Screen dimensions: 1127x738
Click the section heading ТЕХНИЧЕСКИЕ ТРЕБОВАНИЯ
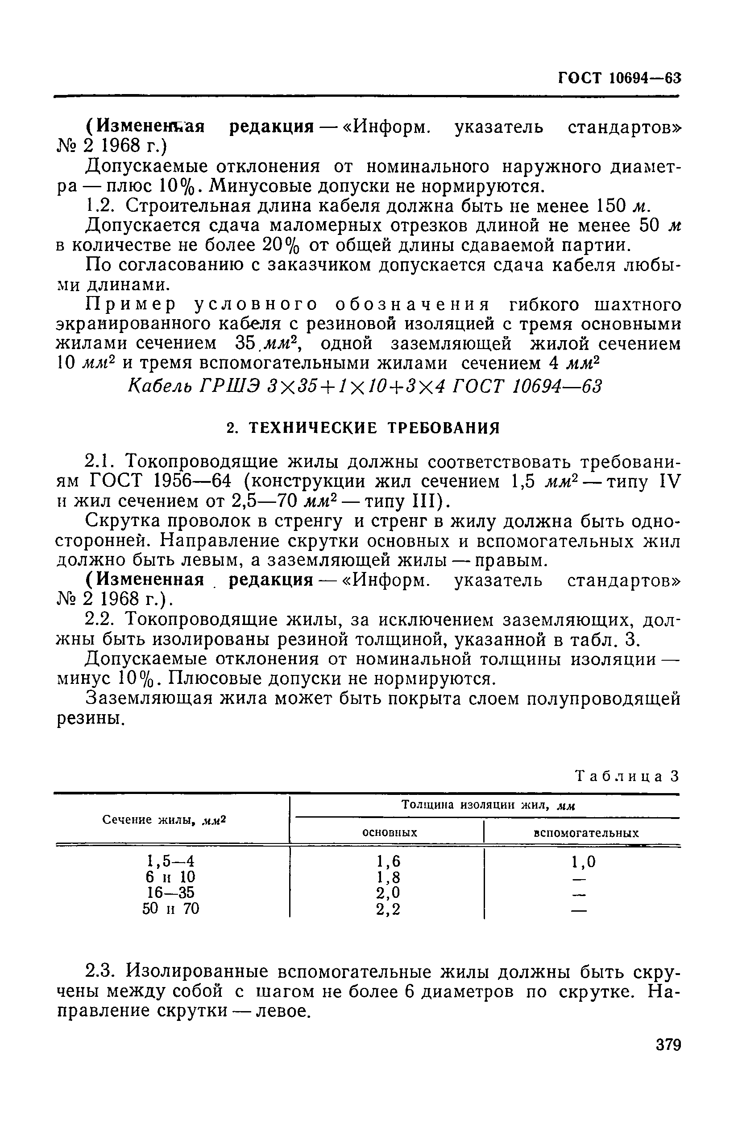[363, 428]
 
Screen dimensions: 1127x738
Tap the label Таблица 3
[627, 776]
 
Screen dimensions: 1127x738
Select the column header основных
[390, 833]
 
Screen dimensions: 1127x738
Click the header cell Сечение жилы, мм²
[165, 820]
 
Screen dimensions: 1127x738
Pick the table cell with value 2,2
[388, 909]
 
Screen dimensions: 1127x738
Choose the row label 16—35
[170, 893]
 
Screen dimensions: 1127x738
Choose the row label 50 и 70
[170, 909]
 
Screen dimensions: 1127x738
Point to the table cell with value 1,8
[388, 877]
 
